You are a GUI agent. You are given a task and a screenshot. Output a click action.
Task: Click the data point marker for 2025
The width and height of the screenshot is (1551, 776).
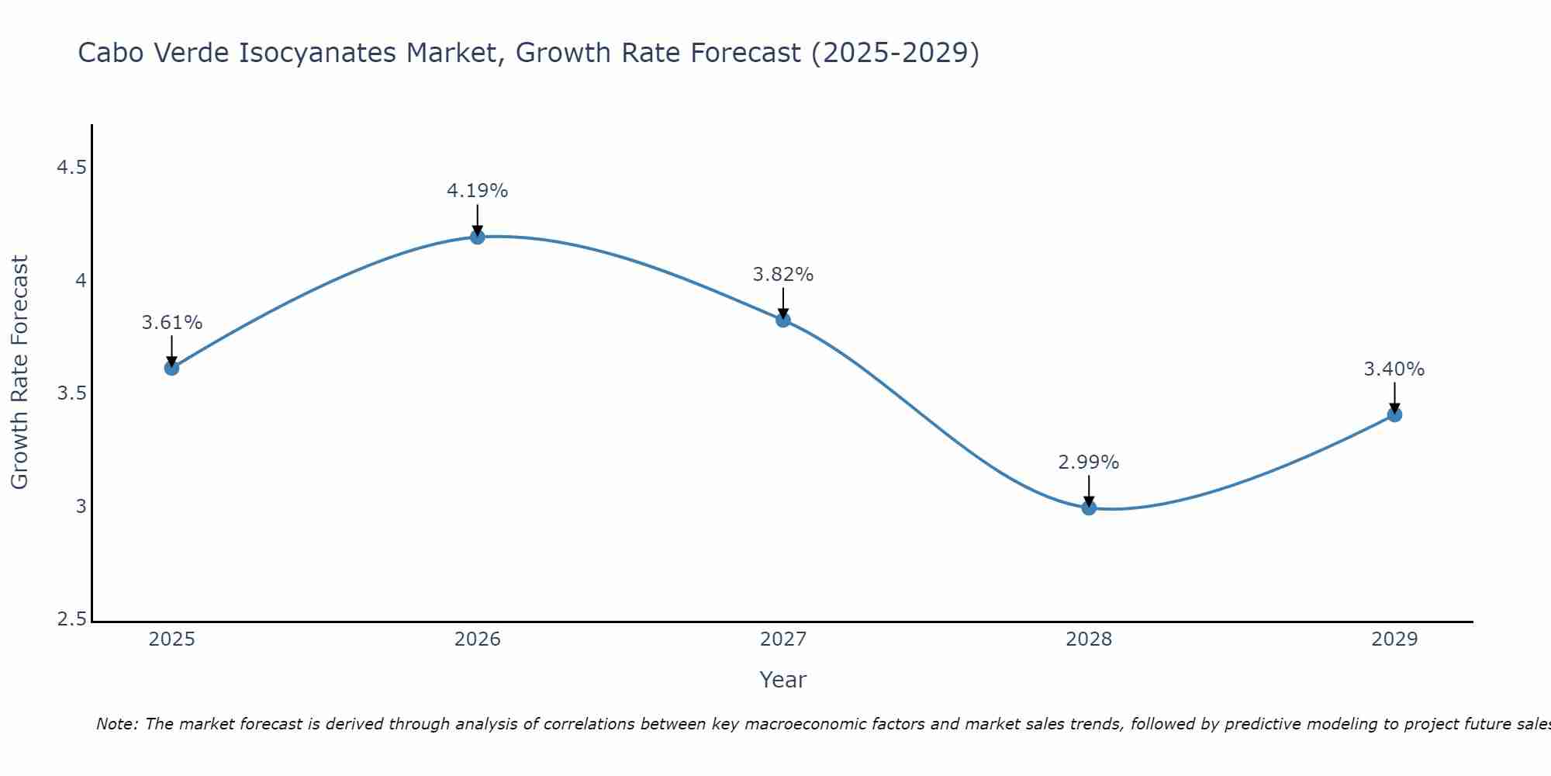pyautogui.click(x=171, y=368)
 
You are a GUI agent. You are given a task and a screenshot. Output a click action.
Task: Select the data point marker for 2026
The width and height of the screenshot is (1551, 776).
pyautogui.click(x=478, y=237)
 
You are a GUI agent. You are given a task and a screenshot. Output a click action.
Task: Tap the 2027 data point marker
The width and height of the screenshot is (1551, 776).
pyautogui.click(x=783, y=320)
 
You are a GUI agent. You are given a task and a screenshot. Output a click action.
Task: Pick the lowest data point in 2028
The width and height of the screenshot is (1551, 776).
pyautogui.click(x=1089, y=508)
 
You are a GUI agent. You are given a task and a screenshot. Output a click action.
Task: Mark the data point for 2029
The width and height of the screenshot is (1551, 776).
pyautogui.click(x=1394, y=415)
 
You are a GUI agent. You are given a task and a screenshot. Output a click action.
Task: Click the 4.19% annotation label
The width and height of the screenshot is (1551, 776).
pyautogui.click(x=478, y=191)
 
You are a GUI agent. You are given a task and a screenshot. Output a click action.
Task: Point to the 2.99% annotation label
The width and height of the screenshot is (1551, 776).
pyautogui.click(x=1089, y=462)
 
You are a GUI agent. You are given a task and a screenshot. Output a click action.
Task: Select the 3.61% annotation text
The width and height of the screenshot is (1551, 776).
pyautogui.click(x=171, y=323)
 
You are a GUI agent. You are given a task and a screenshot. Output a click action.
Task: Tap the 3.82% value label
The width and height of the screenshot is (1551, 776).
pyautogui.click(x=783, y=275)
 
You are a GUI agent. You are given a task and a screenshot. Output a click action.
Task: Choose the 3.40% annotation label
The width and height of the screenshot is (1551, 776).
pyautogui.click(x=1394, y=369)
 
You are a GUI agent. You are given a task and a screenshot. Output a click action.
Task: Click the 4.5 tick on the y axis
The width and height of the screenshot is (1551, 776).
pyautogui.click(x=71, y=168)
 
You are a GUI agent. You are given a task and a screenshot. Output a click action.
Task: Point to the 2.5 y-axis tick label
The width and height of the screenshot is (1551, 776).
pyautogui.click(x=71, y=620)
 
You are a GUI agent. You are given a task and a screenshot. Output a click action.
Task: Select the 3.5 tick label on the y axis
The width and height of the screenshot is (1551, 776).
pyautogui.click(x=71, y=394)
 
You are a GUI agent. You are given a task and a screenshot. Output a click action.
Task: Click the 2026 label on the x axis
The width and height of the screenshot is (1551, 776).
pyautogui.click(x=478, y=639)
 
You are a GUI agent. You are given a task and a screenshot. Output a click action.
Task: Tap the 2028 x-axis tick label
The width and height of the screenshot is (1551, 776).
pyautogui.click(x=1089, y=639)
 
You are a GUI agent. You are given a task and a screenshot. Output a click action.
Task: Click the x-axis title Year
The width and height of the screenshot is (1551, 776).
pyautogui.click(x=783, y=680)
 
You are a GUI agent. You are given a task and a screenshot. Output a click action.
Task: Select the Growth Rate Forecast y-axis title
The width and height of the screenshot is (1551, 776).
pyautogui.click(x=19, y=372)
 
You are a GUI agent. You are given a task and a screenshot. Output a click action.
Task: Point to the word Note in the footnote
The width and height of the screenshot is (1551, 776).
pyautogui.click(x=116, y=724)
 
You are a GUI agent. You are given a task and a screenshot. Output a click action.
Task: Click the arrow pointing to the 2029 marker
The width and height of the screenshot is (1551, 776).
pyautogui.click(x=1394, y=397)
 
